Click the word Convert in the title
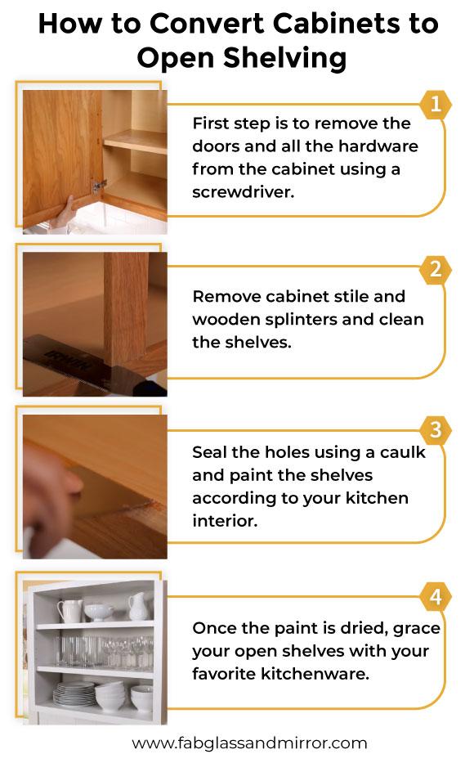(208, 24)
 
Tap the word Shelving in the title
(284, 58)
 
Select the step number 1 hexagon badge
(435, 104)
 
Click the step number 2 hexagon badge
(435, 269)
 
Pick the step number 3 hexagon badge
(435, 430)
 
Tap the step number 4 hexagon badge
(435, 597)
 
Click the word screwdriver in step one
(243, 191)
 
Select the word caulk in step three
(402, 452)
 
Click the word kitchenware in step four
(315, 674)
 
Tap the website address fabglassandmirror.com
(249, 743)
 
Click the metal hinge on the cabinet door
(100, 185)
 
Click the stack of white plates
(74, 694)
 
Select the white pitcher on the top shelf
(137, 606)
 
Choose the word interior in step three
(225, 521)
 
